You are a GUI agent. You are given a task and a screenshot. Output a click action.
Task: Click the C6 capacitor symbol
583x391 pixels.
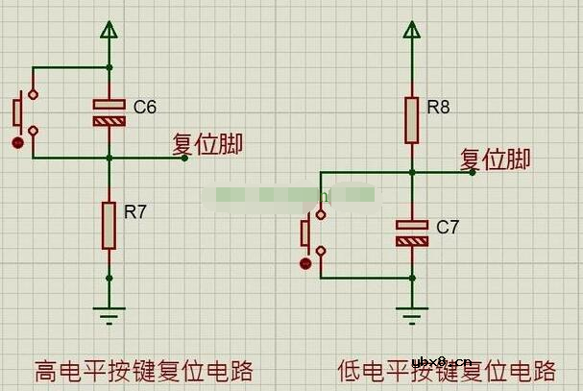[109, 112]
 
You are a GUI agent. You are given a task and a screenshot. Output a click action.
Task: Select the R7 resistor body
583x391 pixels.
[109, 226]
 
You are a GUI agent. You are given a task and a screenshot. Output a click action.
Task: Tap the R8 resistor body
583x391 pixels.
[411, 120]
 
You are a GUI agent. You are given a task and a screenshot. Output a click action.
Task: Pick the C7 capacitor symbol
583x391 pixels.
[411, 232]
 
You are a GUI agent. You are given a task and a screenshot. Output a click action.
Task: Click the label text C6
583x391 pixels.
[144, 107]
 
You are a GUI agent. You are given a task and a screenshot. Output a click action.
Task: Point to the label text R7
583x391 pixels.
[135, 212]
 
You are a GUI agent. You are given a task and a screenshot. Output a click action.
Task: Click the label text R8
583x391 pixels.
[438, 108]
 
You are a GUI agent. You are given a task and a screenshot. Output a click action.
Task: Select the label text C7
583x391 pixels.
[448, 228]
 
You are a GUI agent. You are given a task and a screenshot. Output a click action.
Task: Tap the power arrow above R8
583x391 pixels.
[411, 31]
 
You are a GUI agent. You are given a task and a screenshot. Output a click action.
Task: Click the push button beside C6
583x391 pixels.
[23, 112]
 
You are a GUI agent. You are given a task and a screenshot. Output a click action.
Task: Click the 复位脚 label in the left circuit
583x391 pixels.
[206, 144]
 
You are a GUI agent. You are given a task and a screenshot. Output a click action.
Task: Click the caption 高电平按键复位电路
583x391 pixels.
[143, 370]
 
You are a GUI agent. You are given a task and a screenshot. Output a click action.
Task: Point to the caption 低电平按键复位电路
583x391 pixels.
[447, 370]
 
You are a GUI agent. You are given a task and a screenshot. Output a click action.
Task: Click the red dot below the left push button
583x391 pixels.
[17, 143]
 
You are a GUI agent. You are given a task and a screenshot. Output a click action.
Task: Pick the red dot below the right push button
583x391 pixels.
[305, 262]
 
